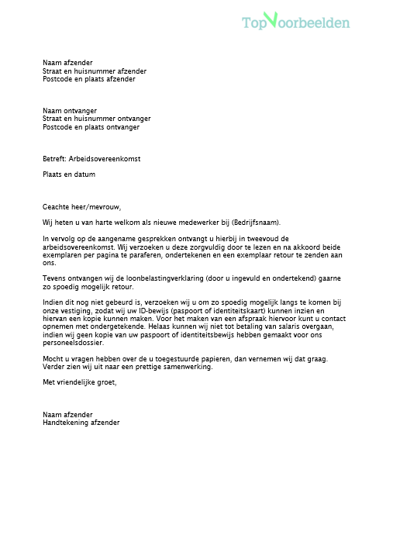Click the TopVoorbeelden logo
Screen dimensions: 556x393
tap(295, 22)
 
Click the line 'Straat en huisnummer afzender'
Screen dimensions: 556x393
tap(94, 71)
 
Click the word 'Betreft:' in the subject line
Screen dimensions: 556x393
tap(54, 158)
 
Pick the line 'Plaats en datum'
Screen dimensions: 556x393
tap(69, 174)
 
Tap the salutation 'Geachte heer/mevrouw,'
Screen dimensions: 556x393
tap(82, 206)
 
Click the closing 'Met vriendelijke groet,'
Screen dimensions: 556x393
tap(80, 382)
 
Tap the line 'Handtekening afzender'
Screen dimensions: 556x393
tap(81, 423)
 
